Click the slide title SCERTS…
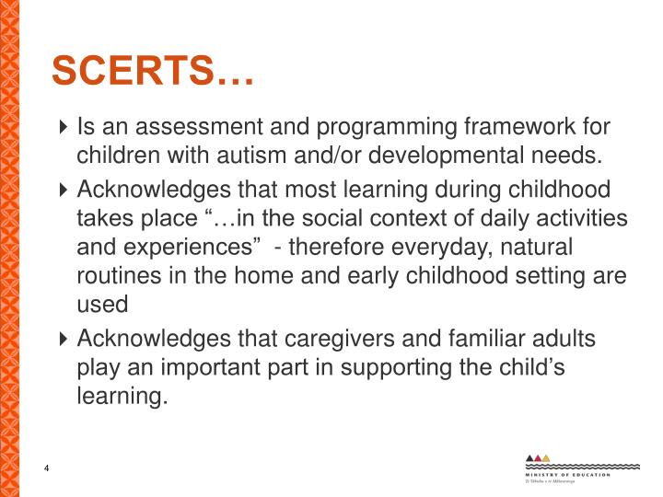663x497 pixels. pyautogui.click(x=152, y=70)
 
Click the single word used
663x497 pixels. pyautogui.click(x=98, y=305)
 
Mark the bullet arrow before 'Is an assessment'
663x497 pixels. pyautogui.click(x=63, y=127)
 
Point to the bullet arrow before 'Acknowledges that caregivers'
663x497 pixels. pyautogui.click(x=63, y=340)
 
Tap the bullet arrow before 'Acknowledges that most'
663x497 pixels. pyautogui.click(x=63, y=191)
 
